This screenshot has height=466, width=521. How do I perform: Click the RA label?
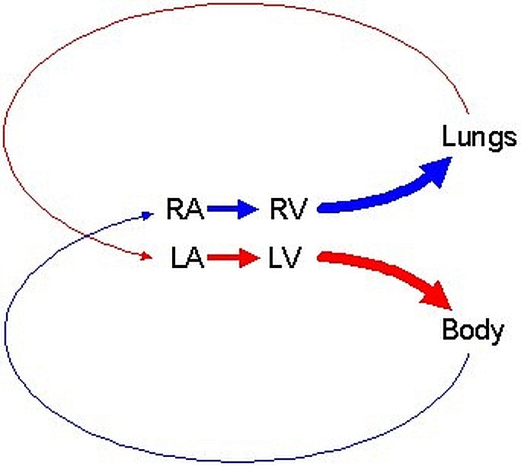tap(185, 209)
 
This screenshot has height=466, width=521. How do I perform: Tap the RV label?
tap(286, 209)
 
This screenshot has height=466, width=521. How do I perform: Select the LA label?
tap(187, 258)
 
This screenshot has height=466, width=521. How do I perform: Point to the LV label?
tap(286, 258)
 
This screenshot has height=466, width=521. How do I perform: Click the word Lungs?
tap(479, 137)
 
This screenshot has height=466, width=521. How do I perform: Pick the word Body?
tap(473, 330)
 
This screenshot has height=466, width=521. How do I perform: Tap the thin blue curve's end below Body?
tap(469, 355)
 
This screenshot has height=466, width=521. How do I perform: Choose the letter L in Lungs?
tap(448, 136)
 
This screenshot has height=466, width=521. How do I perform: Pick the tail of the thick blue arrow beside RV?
tap(322, 207)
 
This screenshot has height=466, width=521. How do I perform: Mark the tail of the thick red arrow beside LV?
tap(322, 256)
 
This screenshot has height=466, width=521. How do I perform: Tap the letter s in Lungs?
tap(510, 138)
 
